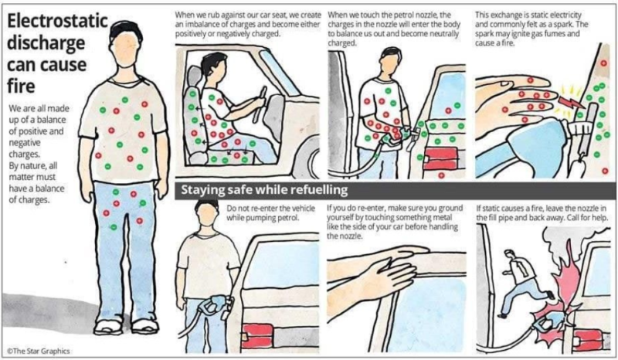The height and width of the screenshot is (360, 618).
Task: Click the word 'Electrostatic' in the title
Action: point(57,22)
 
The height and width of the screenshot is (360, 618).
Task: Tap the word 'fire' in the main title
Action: point(21,86)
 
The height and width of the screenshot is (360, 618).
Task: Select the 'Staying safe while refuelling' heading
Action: point(264,190)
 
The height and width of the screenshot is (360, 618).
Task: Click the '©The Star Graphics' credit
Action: point(39,351)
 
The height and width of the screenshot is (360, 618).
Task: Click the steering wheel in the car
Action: point(260,104)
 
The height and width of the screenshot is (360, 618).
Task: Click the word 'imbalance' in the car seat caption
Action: point(192,25)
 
